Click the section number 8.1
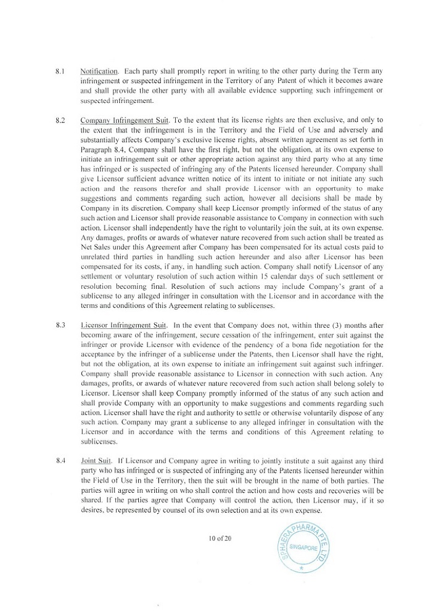coord(60,71)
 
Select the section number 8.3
coord(60,325)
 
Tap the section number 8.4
coord(60,461)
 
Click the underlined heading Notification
coord(99,71)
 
